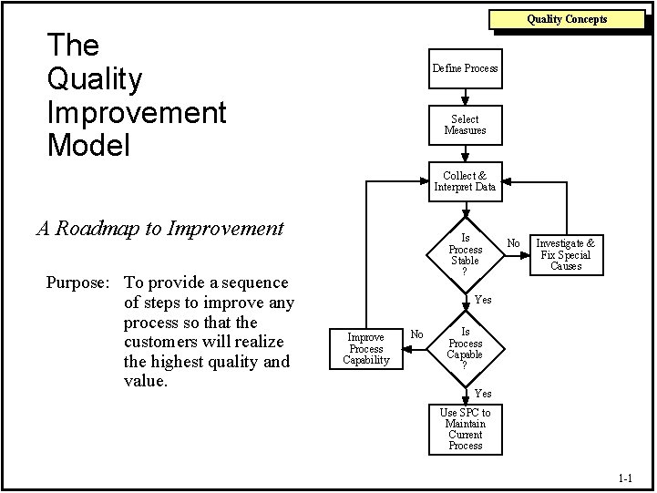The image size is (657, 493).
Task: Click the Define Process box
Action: [465, 68]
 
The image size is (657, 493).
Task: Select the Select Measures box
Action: [465, 125]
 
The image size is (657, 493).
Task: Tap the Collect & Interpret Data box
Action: [465, 181]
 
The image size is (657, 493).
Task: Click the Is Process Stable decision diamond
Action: [465, 249]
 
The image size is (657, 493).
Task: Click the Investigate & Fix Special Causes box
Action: [565, 254]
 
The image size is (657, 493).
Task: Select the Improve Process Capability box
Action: [366, 348]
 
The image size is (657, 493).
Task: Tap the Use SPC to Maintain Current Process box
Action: [465, 429]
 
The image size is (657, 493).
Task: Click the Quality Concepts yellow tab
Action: [566, 19]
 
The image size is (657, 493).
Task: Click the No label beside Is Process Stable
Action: [513, 243]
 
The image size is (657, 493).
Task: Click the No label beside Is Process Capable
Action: [416, 334]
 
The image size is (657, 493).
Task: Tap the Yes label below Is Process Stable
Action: [483, 300]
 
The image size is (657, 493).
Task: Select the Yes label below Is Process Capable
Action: [483, 394]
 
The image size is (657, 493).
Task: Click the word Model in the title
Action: [89, 145]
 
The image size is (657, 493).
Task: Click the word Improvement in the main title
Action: [136, 113]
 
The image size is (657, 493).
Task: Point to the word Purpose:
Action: [78, 282]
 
